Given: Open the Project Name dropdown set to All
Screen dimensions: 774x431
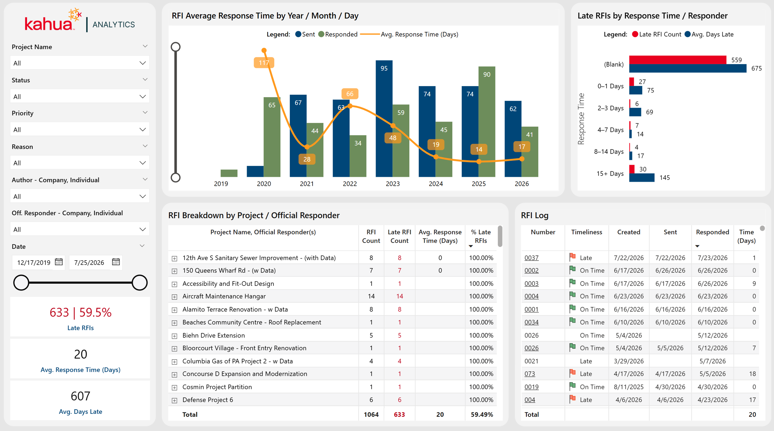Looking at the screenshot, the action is point(80,63).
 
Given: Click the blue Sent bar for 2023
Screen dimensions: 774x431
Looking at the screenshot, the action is point(384,118).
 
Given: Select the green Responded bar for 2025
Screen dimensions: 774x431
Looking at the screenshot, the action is point(487,121).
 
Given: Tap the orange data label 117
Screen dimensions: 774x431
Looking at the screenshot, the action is point(264,63).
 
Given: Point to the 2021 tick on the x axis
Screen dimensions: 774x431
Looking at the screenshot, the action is point(307,184).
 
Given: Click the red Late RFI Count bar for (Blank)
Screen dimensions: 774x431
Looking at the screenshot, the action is point(678,60).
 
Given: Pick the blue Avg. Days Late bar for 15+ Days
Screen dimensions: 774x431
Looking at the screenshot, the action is point(642,177).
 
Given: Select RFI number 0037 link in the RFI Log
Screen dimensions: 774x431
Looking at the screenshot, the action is point(531,258).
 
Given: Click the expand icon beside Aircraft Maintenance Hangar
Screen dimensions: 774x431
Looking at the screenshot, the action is point(175,297).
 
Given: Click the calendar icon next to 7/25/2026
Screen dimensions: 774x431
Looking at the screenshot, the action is point(116,262).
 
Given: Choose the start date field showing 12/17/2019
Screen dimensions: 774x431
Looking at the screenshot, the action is point(34,262).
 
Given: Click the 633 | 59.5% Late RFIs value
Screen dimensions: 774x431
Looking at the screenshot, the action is point(81,312).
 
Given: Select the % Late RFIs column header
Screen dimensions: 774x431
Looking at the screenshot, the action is point(481,236).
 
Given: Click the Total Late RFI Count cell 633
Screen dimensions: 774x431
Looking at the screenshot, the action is point(399,414).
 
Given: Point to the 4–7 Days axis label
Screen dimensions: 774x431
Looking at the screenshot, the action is point(611,130).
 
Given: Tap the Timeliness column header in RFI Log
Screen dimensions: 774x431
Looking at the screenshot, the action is point(587,232).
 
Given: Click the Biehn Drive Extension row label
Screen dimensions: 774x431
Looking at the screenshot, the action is point(214,335).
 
